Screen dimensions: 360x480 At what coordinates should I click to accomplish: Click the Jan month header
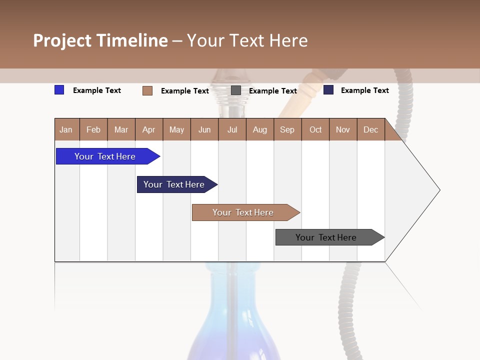click(66, 129)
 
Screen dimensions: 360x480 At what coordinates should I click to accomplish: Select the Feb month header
click(93, 129)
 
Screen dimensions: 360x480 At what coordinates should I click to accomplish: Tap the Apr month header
click(148, 129)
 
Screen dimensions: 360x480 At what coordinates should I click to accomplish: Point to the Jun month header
click(204, 129)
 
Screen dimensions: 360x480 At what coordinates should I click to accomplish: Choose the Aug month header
click(259, 129)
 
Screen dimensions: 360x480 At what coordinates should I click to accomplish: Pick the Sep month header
click(287, 129)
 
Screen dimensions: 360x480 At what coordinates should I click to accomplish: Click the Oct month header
click(315, 129)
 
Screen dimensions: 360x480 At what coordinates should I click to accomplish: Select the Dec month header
click(370, 129)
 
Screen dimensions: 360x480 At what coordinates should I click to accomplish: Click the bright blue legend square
click(59, 90)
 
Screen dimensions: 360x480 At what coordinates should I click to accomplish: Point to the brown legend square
click(147, 90)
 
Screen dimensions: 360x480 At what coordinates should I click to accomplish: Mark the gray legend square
click(236, 90)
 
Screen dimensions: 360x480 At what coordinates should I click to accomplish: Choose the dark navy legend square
click(328, 90)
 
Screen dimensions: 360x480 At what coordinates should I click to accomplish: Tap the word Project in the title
click(62, 40)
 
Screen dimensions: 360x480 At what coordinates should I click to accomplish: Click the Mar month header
click(121, 129)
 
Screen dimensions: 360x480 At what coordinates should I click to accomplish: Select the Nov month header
click(343, 129)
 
